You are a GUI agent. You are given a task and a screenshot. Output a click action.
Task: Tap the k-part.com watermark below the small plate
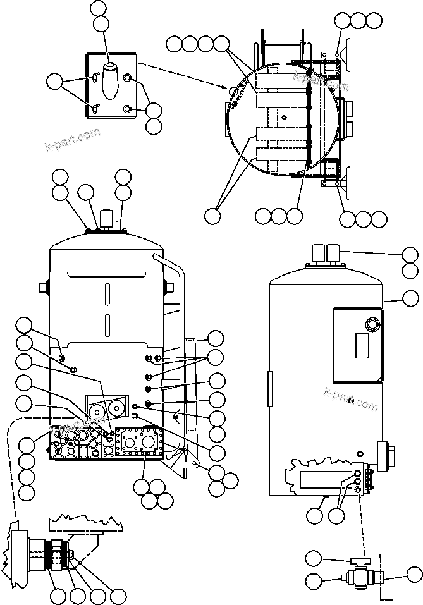click(73, 141)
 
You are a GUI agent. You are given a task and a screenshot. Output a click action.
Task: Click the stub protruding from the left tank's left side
click(44, 287)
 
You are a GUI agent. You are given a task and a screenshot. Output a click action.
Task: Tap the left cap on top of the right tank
click(314, 253)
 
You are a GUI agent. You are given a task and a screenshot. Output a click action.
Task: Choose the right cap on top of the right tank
click(330, 253)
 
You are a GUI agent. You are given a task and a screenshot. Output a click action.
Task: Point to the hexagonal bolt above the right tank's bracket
click(360, 453)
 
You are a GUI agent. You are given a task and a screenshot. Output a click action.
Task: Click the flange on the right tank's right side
click(385, 455)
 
